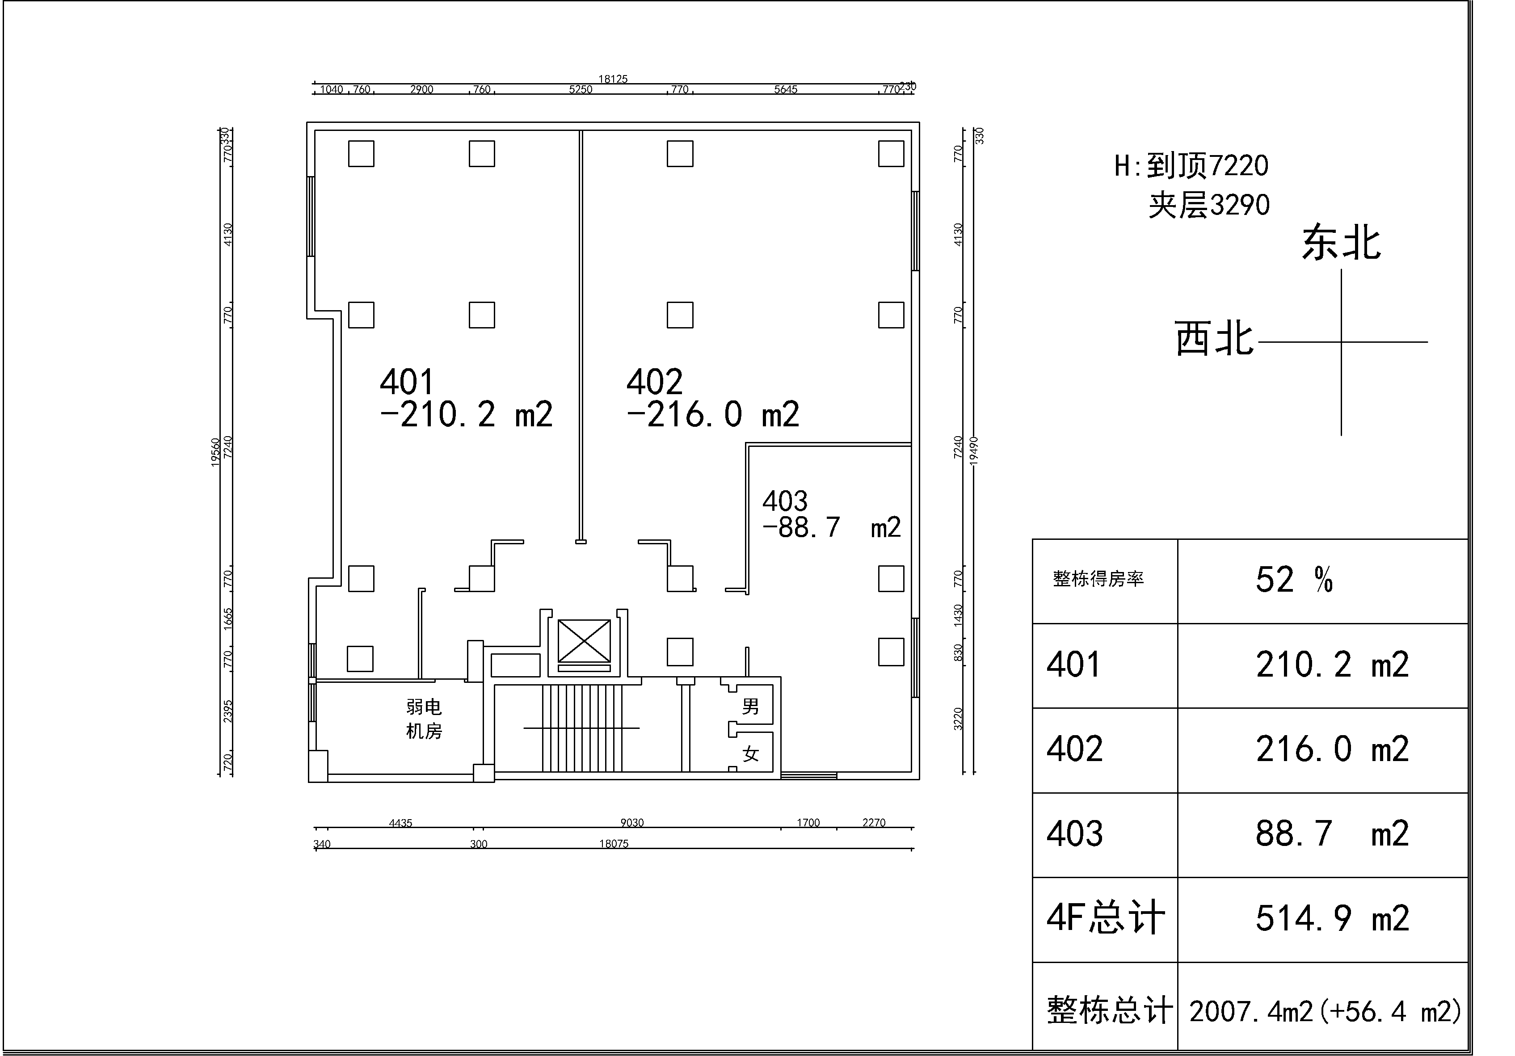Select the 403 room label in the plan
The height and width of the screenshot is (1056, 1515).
(x=785, y=501)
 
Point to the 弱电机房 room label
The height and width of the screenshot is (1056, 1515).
(x=424, y=719)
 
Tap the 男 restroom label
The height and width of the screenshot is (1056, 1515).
(x=750, y=707)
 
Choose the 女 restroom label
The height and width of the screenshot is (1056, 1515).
(x=750, y=754)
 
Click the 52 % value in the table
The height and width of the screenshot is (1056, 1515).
(x=1294, y=580)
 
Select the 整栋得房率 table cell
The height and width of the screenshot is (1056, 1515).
(x=1098, y=579)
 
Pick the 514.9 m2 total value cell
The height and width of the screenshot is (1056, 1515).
(x=1332, y=918)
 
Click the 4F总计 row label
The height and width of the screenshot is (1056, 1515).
(x=1106, y=918)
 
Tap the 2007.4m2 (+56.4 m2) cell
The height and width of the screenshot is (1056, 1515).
(x=1325, y=1011)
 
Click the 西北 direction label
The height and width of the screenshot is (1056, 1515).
(x=1214, y=339)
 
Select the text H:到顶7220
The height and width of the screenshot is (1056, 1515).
(x=1191, y=166)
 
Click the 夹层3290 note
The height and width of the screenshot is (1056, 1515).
(x=1209, y=205)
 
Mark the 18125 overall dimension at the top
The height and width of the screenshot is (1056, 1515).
(x=613, y=79)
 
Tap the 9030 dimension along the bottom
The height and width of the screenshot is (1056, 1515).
(x=631, y=822)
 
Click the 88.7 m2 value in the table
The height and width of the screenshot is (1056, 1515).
(x=1332, y=833)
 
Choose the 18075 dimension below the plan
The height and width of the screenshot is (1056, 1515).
(x=614, y=843)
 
